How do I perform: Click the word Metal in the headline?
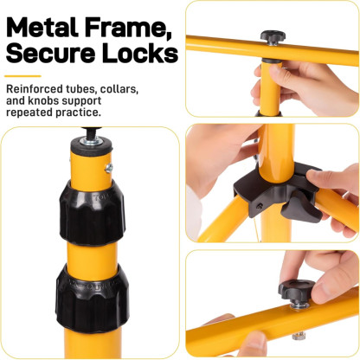42,27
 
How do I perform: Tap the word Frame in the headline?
128,28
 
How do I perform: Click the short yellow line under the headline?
22,76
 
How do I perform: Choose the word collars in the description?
119,89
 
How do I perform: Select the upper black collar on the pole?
93,213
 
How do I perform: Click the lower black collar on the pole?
92,297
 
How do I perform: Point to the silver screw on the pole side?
109,168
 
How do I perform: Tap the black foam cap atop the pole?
92,147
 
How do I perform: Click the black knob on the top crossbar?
273,37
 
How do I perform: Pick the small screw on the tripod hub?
260,206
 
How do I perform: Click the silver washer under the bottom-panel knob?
299,305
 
